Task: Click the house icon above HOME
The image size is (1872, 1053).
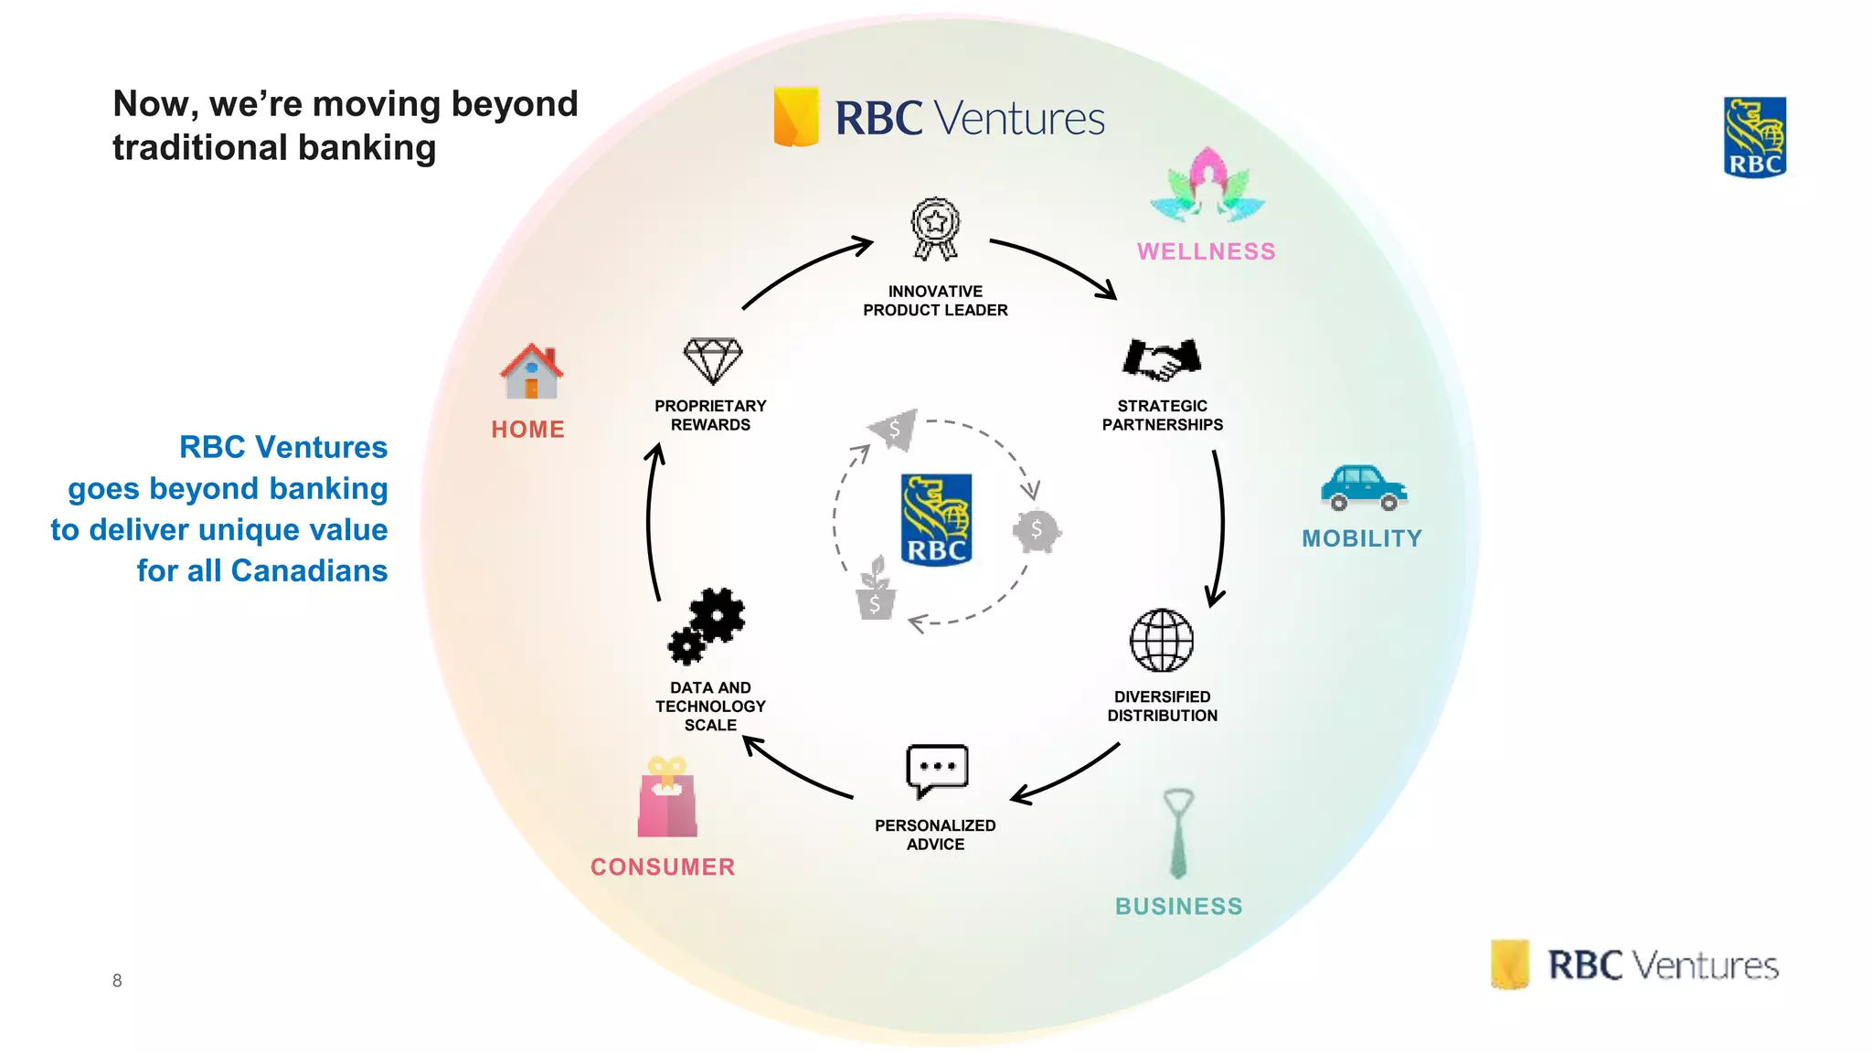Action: point(531,372)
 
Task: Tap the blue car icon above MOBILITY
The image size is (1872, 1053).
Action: point(1363,487)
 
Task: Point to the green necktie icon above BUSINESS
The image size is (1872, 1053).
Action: point(1178,833)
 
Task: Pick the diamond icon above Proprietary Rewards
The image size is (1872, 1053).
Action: point(713,360)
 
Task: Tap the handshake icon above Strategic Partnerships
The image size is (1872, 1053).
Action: point(1162,359)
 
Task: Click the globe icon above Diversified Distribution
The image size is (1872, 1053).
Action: point(1162,640)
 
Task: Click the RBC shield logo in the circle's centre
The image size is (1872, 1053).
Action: point(936,519)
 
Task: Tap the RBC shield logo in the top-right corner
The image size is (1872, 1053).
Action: point(1754,137)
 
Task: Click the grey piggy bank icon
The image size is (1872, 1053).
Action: point(1037,530)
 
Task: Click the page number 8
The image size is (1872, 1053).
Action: point(117,981)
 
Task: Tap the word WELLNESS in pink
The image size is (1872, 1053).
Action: point(1206,251)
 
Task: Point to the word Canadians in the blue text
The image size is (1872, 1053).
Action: point(309,570)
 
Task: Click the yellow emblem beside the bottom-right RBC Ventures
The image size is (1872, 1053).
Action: point(1510,964)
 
